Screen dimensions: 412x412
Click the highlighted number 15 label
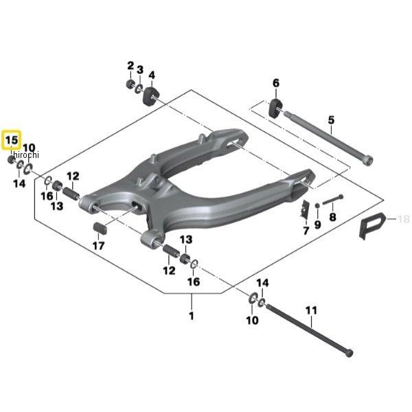(12, 141)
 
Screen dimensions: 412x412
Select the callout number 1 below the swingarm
(191, 317)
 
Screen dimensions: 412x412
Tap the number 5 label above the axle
(331, 121)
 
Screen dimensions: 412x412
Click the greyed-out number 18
(403, 219)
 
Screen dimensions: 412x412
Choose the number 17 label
(99, 245)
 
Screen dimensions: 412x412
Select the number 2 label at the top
(130, 66)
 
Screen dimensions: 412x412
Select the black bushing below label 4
(150, 96)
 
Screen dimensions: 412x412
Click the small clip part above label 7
(303, 209)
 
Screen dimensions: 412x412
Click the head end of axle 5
(369, 161)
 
